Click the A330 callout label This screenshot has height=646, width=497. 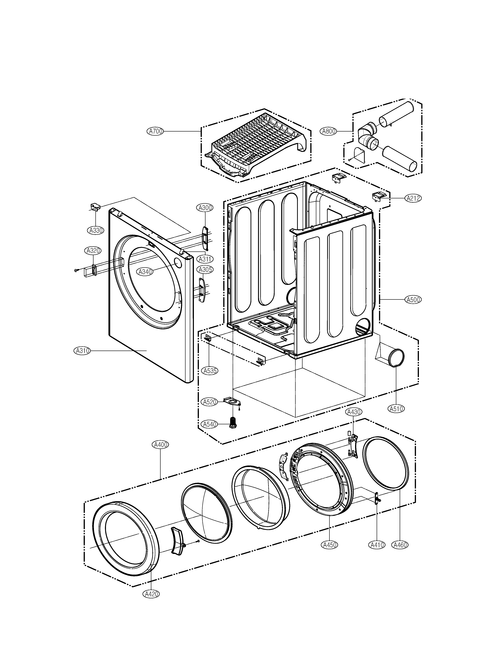click(x=96, y=230)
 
